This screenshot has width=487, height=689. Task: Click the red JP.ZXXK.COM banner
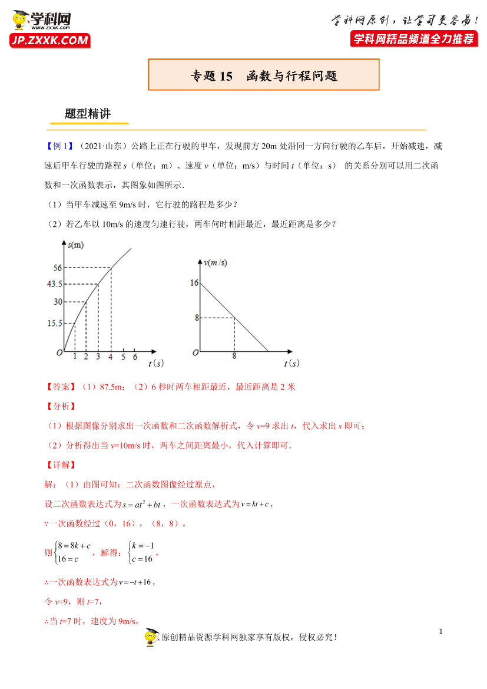pos(49,40)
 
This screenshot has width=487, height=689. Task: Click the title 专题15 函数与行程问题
pos(264,75)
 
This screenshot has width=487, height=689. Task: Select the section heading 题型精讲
pos(88,114)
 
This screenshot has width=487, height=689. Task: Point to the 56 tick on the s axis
pos(58,268)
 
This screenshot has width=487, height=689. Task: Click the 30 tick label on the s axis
pos(58,302)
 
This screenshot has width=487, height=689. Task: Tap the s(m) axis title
pos(75,245)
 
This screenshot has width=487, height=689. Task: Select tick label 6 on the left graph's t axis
pos(135,357)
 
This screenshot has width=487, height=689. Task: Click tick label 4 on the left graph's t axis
pos(110,357)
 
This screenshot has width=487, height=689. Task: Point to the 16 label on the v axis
pos(194,283)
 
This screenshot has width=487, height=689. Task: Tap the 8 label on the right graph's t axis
pos(234,356)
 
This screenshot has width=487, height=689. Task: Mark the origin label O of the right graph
pos(194,353)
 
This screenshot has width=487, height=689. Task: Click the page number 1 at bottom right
pos(440,632)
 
